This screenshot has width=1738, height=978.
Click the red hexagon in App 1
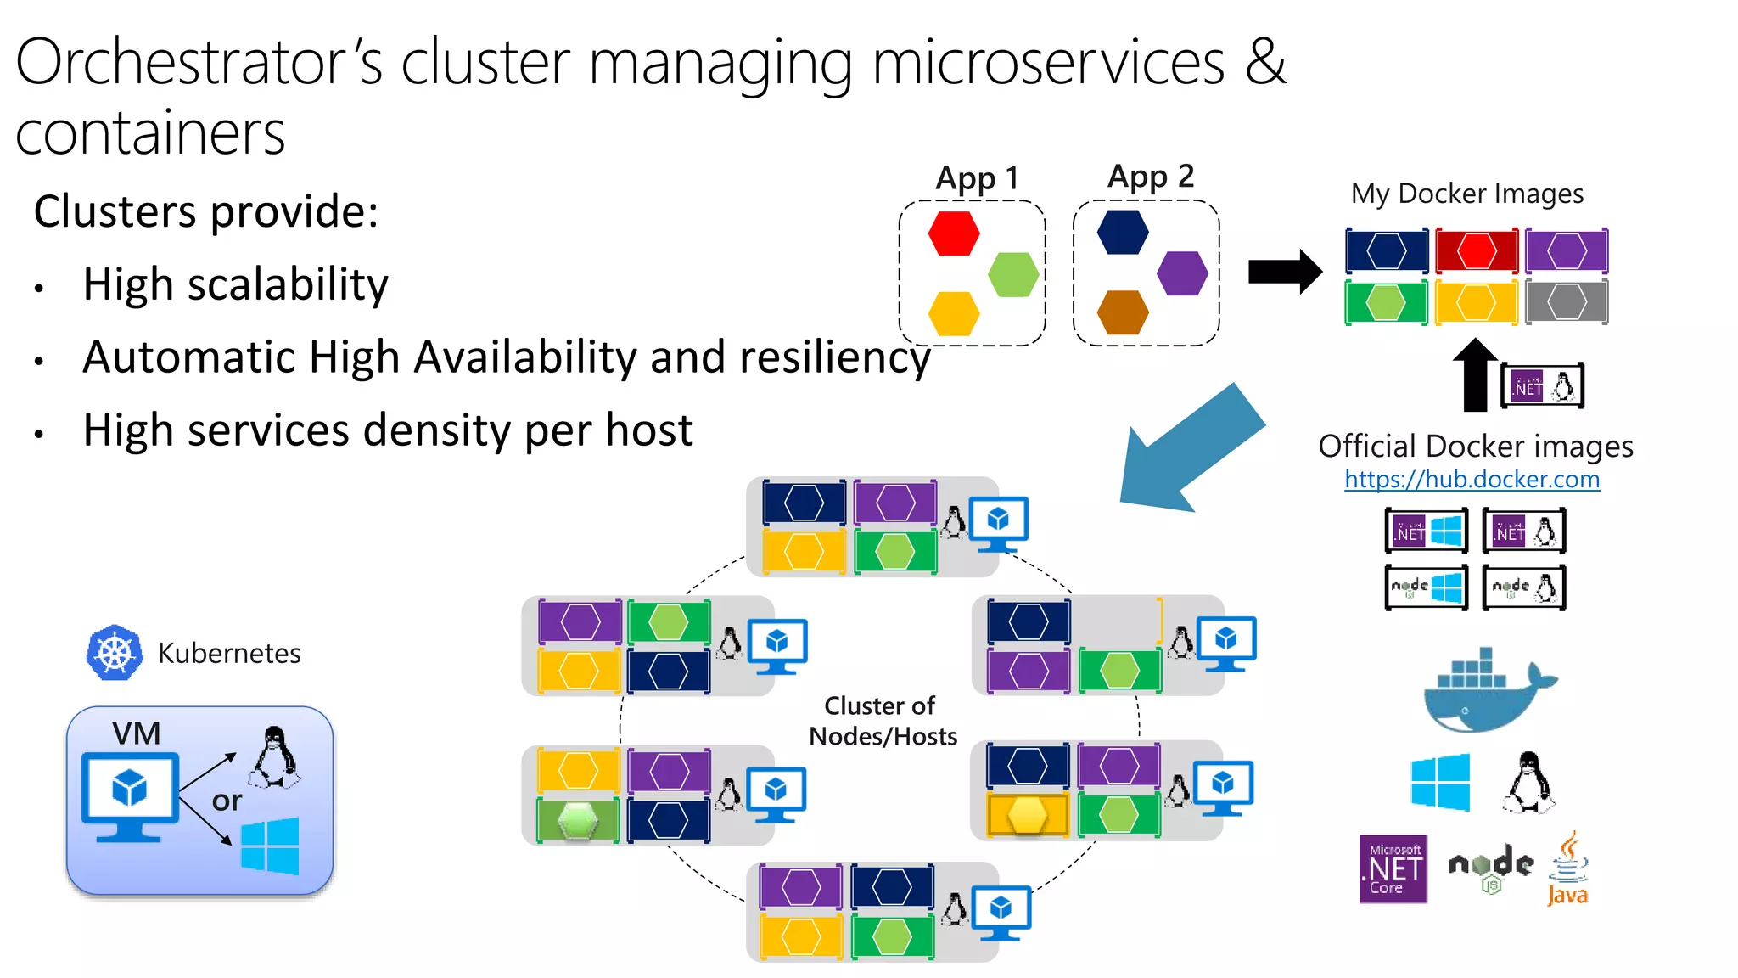tap(954, 233)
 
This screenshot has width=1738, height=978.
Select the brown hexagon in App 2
tap(1122, 312)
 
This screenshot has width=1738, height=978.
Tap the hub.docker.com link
tap(1472, 480)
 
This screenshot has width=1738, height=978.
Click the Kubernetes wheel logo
tap(115, 653)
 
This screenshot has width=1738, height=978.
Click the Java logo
tap(1567, 869)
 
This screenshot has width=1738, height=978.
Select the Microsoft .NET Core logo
tap(1393, 868)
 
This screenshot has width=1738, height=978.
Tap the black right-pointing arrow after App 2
tap(1284, 272)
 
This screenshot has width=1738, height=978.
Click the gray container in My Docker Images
tap(1566, 302)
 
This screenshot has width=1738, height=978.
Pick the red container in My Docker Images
tap(1477, 251)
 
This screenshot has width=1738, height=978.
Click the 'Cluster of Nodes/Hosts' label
tap(882, 721)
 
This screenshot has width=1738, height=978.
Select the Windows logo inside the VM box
tap(270, 846)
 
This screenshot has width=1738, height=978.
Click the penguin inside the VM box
tap(273, 756)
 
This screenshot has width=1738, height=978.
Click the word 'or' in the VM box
tap(227, 801)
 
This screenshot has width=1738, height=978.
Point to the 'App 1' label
tap(976, 178)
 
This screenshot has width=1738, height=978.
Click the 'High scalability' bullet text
tap(235, 284)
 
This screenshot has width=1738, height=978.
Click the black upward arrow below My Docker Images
tap(1476, 374)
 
